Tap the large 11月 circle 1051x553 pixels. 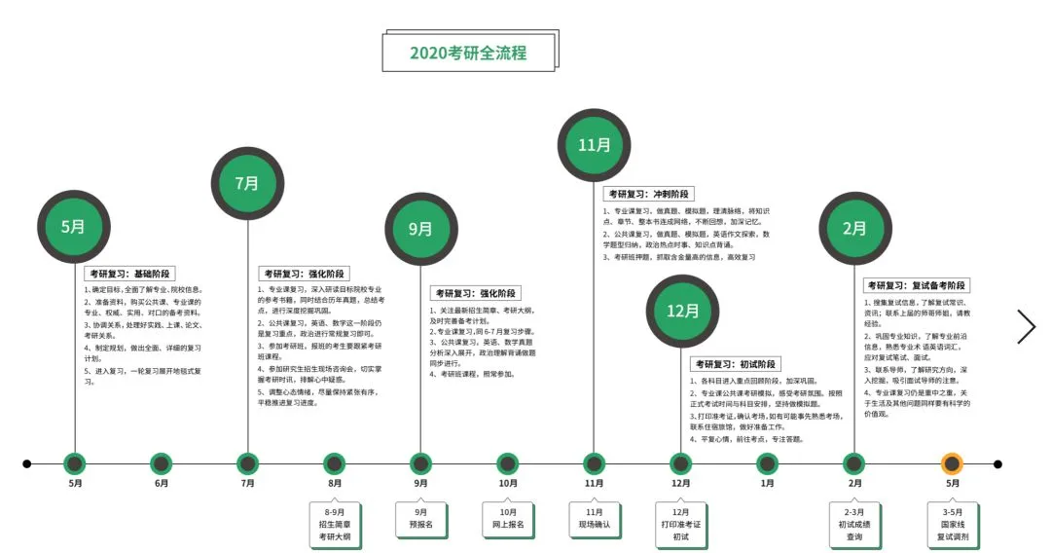pyautogui.click(x=594, y=145)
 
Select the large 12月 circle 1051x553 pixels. pyautogui.click(x=682, y=311)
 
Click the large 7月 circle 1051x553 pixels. pyautogui.click(x=247, y=183)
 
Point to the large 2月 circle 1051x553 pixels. pyautogui.click(x=854, y=229)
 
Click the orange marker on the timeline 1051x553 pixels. pyautogui.click(x=953, y=464)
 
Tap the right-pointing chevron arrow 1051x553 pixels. pyautogui.click(x=1026, y=327)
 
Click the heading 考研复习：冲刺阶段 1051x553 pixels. pyautogui.click(x=649, y=195)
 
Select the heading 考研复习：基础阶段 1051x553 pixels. pyautogui.click(x=129, y=275)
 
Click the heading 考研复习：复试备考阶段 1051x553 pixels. pyautogui.click(x=916, y=285)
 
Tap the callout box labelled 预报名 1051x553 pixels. pyautogui.click(x=420, y=517)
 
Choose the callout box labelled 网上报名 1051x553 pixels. pyautogui.click(x=507, y=517)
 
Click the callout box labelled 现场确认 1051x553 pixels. pyautogui.click(x=594, y=517)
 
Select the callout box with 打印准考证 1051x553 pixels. pyautogui.click(x=680, y=524)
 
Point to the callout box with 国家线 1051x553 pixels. pyautogui.click(x=953, y=524)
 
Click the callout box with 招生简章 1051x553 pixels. pyautogui.click(x=335, y=524)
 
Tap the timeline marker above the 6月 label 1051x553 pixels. pyautogui.click(x=162, y=464)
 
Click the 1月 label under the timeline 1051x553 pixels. pyautogui.click(x=768, y=483)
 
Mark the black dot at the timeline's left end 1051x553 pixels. pyautogui.click(x=27, y=464)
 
